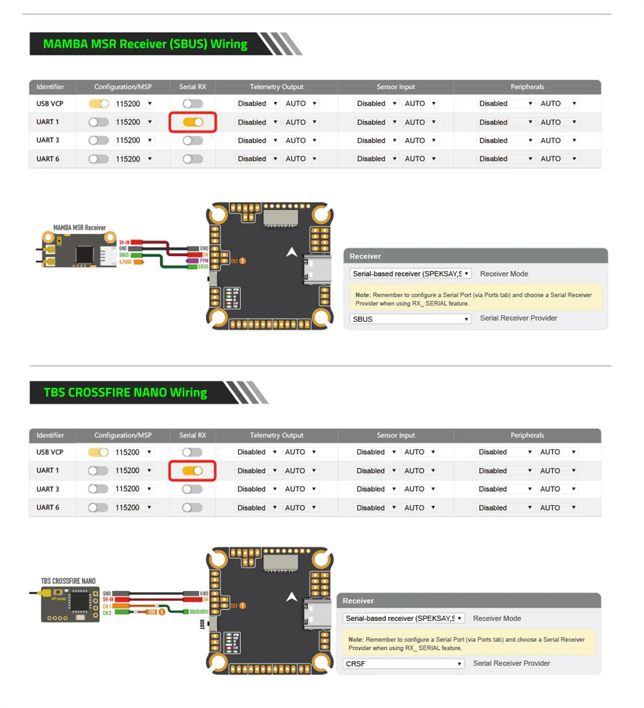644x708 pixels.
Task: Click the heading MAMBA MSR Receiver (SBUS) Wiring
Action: (x=145, y=44)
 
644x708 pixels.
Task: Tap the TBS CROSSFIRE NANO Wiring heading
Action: (x=126, y=393)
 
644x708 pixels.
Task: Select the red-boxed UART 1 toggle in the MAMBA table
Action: (x=193, y=122)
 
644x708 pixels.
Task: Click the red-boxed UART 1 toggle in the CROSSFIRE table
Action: (x=192, y=470)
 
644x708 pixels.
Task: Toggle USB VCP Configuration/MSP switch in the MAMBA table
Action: (x=99, y=104)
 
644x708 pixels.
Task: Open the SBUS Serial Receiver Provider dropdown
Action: (x=410, y=319)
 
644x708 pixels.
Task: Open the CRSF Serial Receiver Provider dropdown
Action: (x=404, y=664)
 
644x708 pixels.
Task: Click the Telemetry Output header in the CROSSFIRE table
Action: (x=276, y=436)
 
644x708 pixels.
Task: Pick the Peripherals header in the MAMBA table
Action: (x=527, y=87)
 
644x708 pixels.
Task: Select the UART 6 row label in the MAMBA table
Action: (x=48, y=159)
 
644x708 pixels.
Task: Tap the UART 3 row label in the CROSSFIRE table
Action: (x=48, y=489)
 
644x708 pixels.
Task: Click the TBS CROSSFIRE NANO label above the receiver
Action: (x=68, y=581)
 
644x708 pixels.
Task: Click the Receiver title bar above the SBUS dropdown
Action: (x=475, y=256)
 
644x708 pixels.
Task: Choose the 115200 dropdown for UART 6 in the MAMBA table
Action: (x=134, y=159)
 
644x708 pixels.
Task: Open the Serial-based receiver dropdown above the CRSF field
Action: (x=404, y=619)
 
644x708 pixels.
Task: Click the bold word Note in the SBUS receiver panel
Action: (x=363, y=295)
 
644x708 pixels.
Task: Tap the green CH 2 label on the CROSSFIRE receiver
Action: (x=107, y=613)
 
